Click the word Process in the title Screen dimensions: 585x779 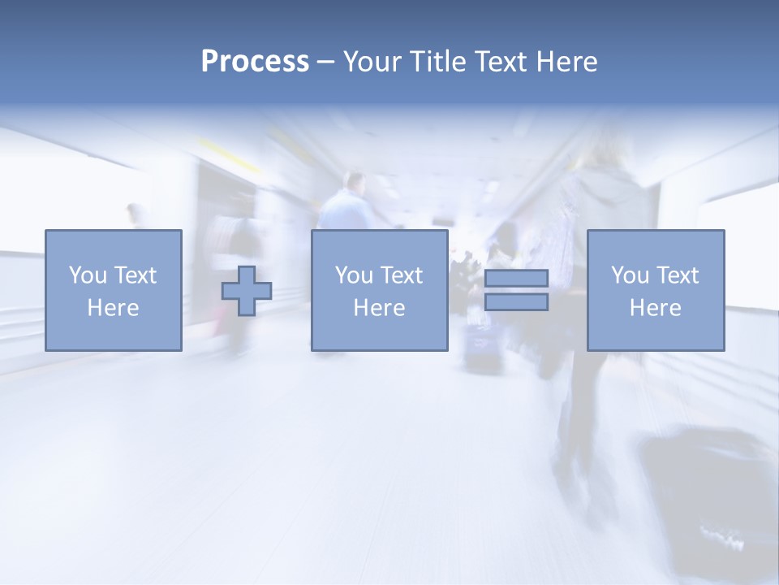point(255,62)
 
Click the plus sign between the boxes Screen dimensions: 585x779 point(247,291)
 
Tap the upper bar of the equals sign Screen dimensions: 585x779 point(516,279)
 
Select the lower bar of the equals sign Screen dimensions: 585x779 point(516,302)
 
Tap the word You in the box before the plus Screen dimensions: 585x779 point(88,275)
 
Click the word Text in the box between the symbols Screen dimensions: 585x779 point(402,275)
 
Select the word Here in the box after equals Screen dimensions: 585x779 point(656,308)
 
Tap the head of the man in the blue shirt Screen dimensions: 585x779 point(354,182)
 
